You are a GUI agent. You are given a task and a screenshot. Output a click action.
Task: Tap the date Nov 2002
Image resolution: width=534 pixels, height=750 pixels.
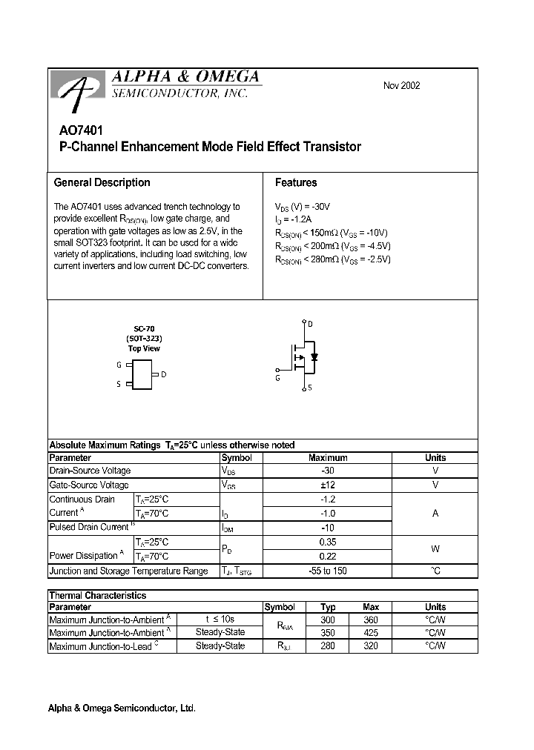[x=401, y=85]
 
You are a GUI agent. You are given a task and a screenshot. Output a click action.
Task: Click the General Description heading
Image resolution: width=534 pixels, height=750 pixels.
[x=102, y=182]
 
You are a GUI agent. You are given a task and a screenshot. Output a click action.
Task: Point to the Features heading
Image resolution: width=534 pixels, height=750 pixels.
[x=295, y=182]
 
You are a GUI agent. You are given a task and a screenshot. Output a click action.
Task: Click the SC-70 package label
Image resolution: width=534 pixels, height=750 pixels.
[x=144, y=328]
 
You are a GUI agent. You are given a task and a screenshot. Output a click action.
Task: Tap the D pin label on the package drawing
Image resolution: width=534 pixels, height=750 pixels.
[x=164, y=374]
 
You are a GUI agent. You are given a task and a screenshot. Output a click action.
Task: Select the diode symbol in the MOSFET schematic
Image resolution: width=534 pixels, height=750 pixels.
[x=314, y=357]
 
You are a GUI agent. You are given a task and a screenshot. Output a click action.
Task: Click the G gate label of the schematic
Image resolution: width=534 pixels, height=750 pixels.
[x=277, y=378]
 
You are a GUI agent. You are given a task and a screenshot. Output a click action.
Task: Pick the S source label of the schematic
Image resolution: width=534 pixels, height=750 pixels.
[x=309, y=388]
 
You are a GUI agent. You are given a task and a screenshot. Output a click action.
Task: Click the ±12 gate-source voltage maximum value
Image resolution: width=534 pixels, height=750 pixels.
[x=327, y=485]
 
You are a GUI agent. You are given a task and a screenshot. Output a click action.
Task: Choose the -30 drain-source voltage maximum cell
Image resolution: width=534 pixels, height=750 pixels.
[x=327, y=471]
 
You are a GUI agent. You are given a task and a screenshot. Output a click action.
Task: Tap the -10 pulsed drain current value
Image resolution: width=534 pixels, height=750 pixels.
[x=327, y=527]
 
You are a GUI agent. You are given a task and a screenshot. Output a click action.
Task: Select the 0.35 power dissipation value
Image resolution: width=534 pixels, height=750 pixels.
[x=327, y=542]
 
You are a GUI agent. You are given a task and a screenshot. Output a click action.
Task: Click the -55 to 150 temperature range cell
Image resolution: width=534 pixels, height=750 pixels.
[x=327, y=571]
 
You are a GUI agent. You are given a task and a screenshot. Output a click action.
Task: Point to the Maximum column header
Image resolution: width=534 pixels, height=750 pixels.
[x=327, y=457]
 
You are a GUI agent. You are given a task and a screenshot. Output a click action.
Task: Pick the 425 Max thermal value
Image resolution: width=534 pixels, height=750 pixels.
[x=371, y=633]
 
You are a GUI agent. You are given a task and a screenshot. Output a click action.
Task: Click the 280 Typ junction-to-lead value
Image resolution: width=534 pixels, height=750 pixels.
[x=327, y=646]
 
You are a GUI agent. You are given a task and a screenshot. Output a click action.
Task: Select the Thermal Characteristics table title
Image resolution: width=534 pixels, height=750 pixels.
[x=97, y=595]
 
